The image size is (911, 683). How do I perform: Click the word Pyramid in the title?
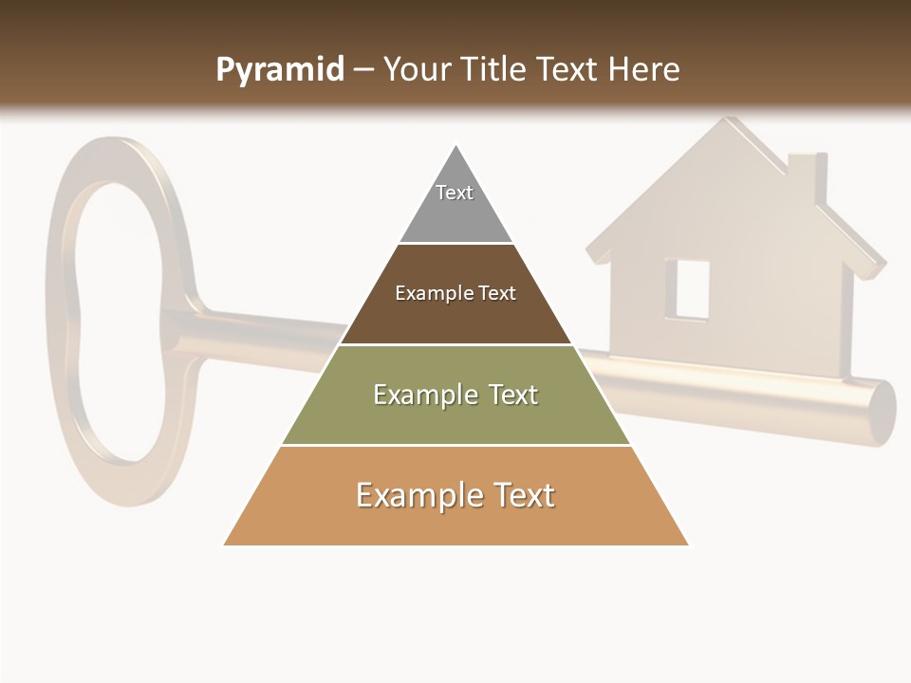(x=279, y=70)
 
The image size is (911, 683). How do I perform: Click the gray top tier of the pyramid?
(x=455, y=213)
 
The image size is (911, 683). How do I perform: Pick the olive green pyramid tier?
(x=455, y=422)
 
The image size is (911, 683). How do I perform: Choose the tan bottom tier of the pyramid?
(x=455, y=522)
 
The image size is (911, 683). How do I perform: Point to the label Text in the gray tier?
(x=455, y=193)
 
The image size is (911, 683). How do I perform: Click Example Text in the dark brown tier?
(x=455, y=293)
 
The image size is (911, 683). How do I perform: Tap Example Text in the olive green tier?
(x=455, y=395)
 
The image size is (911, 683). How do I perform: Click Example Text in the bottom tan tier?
(x=455, y=495)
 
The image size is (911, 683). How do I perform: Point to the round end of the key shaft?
(x=883, y=413)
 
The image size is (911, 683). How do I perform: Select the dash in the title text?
(x=363, y=70)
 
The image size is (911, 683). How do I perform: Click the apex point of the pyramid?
(x=456, y=148)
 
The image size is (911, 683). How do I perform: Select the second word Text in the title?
(x=567, y=69)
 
